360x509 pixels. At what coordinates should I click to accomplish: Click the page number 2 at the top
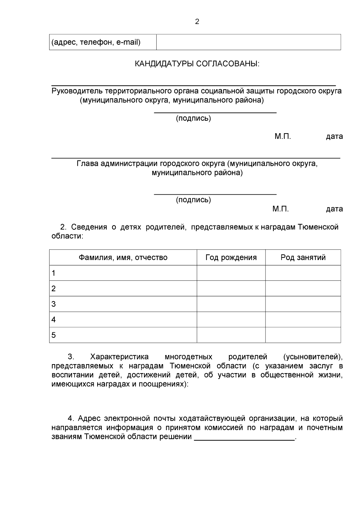point(197,22)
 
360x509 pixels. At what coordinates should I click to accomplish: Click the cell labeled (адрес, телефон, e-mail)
point(96,42)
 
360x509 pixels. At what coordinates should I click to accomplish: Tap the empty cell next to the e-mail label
point(248,42)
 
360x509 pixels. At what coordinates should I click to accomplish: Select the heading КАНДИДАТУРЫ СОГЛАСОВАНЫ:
point(197,64)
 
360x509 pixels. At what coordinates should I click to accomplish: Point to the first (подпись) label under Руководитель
point(193,118)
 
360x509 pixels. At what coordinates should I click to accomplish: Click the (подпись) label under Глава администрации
point(193,200)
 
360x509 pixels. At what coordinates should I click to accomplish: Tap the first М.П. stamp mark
point(283,136)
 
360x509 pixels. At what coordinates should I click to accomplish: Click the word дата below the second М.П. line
point(334,209)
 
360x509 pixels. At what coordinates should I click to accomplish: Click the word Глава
point(88,164)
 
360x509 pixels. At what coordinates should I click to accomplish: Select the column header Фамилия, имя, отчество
point(123,257)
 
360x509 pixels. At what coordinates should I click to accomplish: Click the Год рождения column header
point(231,257)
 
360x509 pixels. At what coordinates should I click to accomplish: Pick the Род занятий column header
point(303,257)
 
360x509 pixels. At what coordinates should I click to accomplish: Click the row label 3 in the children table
point(54,304)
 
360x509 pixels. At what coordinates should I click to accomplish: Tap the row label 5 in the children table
point(54,335)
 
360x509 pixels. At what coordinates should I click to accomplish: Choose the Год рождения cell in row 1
point(231,273)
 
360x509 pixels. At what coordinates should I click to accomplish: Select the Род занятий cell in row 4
point(303,319)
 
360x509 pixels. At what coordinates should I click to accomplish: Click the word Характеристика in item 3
point(119,357)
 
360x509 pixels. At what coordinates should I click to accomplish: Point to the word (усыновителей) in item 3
point(313,357)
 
